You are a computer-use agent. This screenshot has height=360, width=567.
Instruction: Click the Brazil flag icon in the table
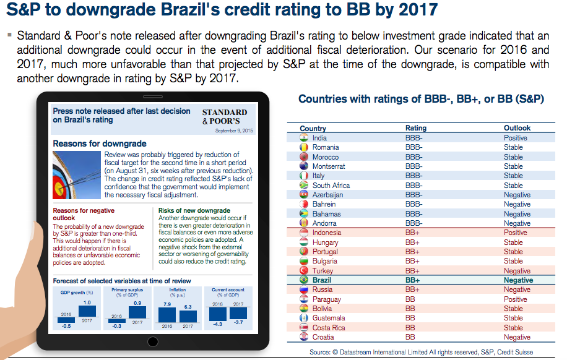(304, 280)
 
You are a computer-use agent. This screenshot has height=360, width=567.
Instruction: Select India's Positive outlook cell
(515, 138)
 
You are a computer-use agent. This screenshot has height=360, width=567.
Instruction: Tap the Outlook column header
(517, 128)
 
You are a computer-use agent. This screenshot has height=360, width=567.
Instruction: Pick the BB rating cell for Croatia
(410, 337)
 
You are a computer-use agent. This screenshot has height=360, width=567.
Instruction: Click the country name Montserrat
(329, 166)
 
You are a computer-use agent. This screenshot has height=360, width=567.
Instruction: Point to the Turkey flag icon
(304, 270)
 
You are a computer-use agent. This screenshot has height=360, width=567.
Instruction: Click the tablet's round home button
(153, 341)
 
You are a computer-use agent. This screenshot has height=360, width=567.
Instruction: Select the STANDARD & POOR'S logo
(225, 117)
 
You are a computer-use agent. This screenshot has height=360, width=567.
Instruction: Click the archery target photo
(77, 175)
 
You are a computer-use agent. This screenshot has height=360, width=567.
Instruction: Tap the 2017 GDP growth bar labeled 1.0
(87, 311)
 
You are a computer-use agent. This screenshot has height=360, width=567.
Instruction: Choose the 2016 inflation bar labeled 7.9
(167, 315)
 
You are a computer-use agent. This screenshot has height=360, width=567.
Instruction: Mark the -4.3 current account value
(218, 324)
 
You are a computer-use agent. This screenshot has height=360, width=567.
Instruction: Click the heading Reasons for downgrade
(100, 144)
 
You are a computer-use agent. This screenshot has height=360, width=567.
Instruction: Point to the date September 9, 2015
(234, 131)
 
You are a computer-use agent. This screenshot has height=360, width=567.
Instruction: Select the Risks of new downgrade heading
(194, 210)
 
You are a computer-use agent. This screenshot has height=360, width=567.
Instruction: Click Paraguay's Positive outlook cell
(515, 299)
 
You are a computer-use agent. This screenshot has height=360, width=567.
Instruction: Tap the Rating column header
(416, 128)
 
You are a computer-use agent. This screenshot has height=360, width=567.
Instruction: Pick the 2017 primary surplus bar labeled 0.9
(137, 312)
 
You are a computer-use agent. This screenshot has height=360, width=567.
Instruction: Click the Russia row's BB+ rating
(412, 289)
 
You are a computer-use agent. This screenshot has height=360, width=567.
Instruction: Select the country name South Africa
(331, 186)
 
